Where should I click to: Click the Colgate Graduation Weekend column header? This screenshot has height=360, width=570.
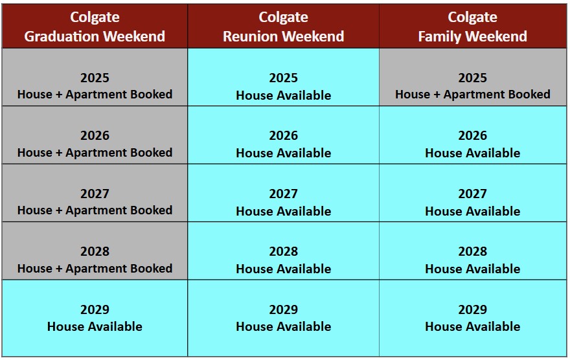coord(95,26)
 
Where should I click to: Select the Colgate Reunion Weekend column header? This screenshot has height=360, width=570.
coord(284,26)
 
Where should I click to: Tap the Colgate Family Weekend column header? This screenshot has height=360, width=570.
coord(473,26)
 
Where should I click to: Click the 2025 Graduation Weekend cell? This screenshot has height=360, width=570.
coord(95,77)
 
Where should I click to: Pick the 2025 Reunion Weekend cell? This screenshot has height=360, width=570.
coord(284,77)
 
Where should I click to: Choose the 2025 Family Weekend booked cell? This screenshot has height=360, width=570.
coord(473,77)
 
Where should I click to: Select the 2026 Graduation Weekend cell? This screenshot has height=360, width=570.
coord(95,135)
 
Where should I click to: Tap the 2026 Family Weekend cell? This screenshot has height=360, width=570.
coord(473,135)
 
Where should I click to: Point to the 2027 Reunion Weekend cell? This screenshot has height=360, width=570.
coord(284,193)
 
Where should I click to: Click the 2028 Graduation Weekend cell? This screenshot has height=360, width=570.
coord(95,251)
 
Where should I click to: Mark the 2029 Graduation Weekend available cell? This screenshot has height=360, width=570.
coord(95,318)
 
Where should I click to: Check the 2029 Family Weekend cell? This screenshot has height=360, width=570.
coord(473,318)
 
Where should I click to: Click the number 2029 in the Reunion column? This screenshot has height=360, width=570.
coord(284,309)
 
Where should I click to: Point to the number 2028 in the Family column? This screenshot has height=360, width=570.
coord(473,251)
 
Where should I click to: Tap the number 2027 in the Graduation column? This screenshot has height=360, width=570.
coord(95,194)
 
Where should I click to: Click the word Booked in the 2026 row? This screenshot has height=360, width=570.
coord(151,153)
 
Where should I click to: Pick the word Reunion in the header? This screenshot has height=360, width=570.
coord(251,36)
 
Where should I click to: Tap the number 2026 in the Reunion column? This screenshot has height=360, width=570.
coord(284,135)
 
